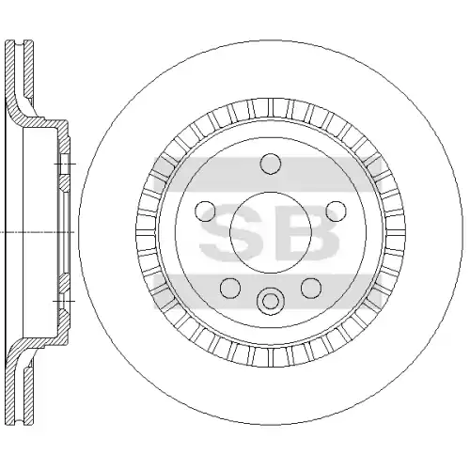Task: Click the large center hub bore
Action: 271,232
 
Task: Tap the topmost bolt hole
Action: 271,164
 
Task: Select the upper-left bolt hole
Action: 205,211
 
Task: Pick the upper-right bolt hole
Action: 336,211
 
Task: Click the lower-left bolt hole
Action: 230,288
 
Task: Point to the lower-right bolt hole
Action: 311,288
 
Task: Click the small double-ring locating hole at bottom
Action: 271,302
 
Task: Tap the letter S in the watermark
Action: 232,232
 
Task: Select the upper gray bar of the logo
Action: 268,174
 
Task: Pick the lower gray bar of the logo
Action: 268,291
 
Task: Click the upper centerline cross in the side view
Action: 65,164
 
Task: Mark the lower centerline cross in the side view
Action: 64,301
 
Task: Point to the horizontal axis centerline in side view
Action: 37,232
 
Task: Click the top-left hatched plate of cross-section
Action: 11,75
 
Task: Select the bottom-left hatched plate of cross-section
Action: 11,388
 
